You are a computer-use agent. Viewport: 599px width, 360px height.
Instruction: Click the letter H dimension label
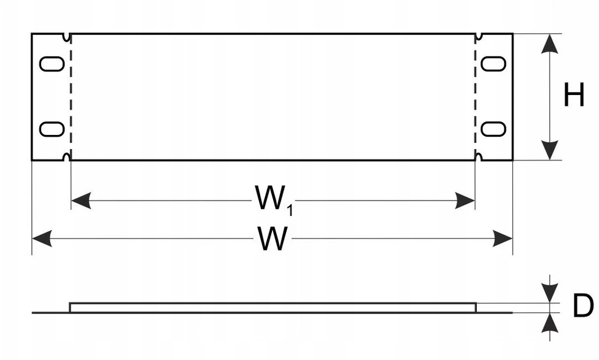click(x=574, y=94)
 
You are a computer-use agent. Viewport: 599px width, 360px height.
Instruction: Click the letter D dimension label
click(x=583, y=305)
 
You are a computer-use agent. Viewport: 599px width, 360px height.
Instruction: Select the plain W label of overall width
click(x=272, y=239)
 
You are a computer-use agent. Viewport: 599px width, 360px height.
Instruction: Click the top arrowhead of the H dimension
click(x=549, y=44)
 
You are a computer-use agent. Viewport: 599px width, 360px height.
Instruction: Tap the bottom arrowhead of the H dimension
click(x=549, y=150)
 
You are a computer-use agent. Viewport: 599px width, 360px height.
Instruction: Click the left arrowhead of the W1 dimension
click(x=81, y=201)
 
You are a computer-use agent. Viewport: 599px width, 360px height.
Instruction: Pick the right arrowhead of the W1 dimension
click(x=465, y=201)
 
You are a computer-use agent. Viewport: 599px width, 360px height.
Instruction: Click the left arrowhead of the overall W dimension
click(x=42, y=239)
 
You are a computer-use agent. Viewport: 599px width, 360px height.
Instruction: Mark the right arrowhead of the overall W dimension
click(x=503, y=239)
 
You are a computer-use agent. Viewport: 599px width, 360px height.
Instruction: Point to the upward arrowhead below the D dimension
click(x=549, y=323)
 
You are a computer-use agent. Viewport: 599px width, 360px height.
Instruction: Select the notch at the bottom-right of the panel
click(x=479, y=156)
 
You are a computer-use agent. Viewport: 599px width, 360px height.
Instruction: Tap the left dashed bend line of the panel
click(x=71, y=97)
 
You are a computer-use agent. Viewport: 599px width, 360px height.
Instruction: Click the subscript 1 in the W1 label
click(x=290, y=210)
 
